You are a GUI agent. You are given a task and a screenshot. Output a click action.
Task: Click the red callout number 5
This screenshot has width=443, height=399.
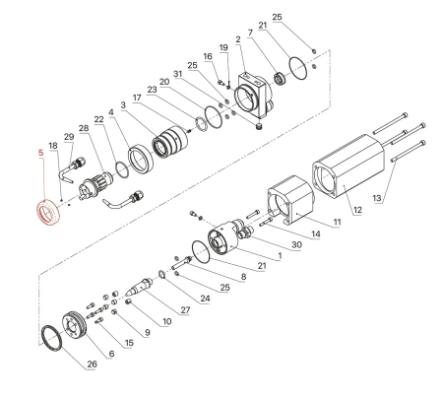pyautogui.click(x=40, y=154)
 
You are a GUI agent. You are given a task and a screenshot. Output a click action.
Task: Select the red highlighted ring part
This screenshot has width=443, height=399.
pyautogui.click(x=46, y=211)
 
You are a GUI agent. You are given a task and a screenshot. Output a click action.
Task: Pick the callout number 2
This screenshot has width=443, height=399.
pyautogui.click(x=238, y=39)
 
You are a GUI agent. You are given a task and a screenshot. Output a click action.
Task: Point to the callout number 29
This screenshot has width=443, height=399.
pyautogui.click(x=68, y=136)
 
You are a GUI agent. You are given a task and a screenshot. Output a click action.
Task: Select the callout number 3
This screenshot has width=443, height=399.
pyautogui.click(x=124, y=105)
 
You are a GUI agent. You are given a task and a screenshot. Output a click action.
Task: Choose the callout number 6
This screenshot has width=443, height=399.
pyautogui.click(x=110, y=353)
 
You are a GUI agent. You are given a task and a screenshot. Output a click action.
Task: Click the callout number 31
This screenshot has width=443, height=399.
pyautogui.click(x=178, y=74)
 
